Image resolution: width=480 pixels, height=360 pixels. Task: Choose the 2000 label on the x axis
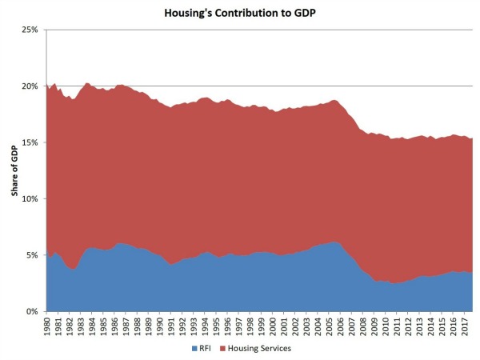click(274, 324)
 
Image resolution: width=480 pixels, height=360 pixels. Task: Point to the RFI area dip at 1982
click(74, 269)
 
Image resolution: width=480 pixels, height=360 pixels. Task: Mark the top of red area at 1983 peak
click(86, 82)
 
